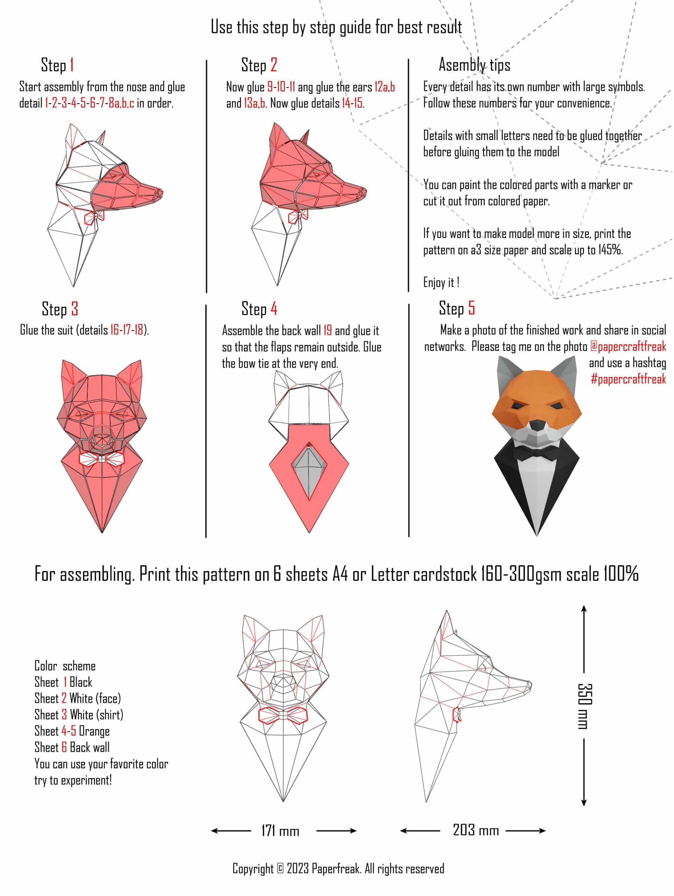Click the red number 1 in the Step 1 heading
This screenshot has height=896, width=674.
(72, 65)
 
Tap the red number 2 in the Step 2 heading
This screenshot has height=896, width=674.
(274, 65)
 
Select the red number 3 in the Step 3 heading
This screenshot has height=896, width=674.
(75, 309)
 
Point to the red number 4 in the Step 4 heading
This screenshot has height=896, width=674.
(274, 309)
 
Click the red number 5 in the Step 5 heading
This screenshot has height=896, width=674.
(471, 308)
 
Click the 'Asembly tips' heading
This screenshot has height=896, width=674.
(474, 65)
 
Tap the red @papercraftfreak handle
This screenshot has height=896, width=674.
(628, 347)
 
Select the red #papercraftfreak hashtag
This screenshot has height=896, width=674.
(628, 379)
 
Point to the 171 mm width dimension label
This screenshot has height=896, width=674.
(280, 831)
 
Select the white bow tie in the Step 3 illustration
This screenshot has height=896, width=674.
(101, 459)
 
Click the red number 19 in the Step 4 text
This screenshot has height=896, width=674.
(327, 330)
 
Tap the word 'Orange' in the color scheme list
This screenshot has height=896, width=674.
(94, 731)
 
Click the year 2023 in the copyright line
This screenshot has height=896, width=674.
(298, 868)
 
